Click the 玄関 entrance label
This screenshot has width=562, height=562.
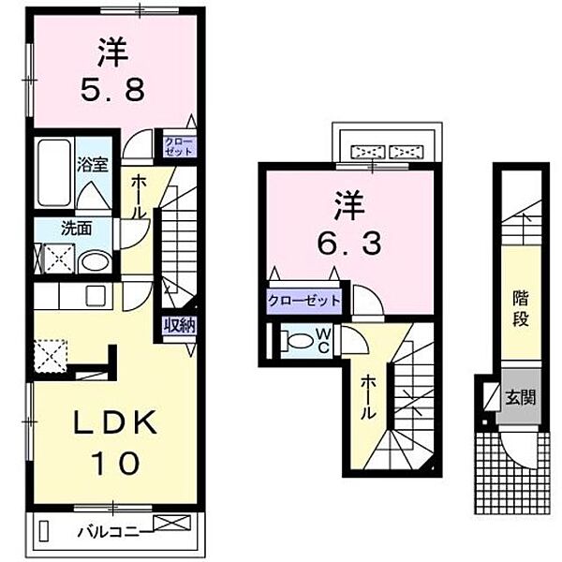tap(523, 396)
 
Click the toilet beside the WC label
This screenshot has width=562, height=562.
tap(296, 339)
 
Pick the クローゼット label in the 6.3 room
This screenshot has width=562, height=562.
tap(303, 302)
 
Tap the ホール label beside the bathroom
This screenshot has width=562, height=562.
tap(139, 197)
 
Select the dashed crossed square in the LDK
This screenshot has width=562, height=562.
tap(49, 355)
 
